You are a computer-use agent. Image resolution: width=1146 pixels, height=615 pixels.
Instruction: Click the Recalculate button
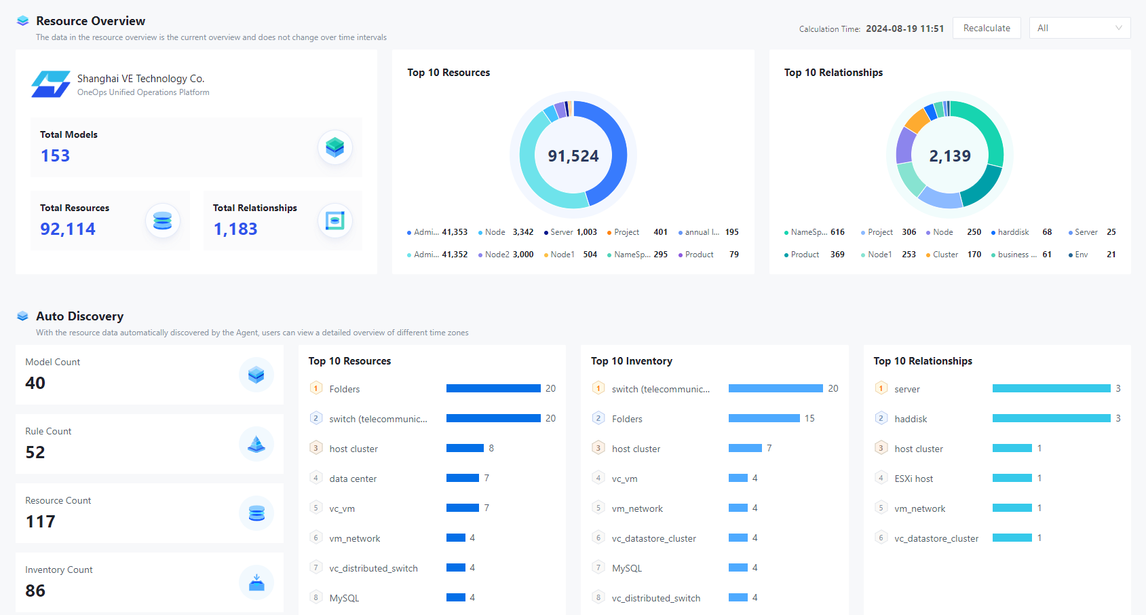(x=987, y=28)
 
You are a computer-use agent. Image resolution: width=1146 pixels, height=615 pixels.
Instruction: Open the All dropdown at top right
(x=1080, y=28)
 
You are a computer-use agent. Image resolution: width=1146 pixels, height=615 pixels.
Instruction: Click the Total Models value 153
(x=55, y=155)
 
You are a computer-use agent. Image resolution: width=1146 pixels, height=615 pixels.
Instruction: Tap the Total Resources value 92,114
(x=68, y=229)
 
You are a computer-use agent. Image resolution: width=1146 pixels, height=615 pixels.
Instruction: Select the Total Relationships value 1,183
(x=235, y=229)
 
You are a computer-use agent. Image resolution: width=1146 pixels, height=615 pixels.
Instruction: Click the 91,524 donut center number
(x=573, y=156)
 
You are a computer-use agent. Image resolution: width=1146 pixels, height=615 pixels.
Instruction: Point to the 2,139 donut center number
(x=950, y=156)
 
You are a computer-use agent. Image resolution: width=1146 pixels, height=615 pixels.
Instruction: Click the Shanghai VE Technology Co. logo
(x=51, y=84)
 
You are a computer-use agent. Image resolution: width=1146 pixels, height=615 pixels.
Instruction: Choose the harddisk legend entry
(x=1013, y=232)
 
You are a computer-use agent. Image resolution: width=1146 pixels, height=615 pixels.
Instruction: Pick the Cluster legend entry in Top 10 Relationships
(x=945, y=255)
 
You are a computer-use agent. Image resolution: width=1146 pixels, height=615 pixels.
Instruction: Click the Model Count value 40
(x=35, y=383)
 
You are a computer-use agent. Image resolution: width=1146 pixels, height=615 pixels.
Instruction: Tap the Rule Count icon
(x=256, y=444)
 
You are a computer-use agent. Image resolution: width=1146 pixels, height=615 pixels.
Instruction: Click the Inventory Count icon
(x=256, y=582)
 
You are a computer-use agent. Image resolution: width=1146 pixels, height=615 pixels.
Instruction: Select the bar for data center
(x=463, y=478)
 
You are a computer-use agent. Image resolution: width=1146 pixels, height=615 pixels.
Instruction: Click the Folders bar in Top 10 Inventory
(x=764, y=418)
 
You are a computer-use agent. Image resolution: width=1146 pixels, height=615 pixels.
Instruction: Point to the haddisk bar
(x=1051, y=418)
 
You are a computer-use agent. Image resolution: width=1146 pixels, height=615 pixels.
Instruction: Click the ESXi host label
(x=913, y=479)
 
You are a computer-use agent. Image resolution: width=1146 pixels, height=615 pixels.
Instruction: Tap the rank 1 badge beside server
(x=881, y=388)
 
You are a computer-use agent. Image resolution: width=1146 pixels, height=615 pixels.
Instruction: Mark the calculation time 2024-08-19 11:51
(x=904, y=29)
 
